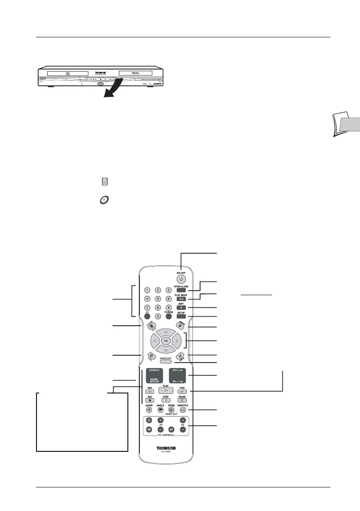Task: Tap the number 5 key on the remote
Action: pos(157,299)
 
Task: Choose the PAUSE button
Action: pos(182,400)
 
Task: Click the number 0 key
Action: pos(157,318)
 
